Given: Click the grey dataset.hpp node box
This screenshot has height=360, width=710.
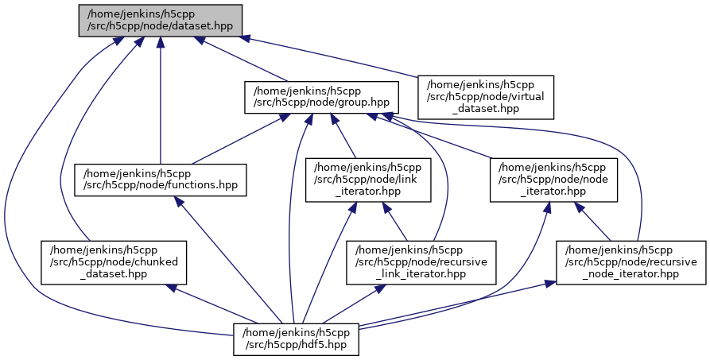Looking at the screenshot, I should pos(160,20).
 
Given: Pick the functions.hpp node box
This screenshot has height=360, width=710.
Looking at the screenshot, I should pos(161,180).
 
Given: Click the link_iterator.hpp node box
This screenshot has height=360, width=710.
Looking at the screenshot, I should pos(369,180).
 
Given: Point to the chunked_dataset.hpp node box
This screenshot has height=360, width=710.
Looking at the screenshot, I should pos(114,261).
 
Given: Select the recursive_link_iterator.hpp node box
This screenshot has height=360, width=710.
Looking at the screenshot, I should pos(421,261).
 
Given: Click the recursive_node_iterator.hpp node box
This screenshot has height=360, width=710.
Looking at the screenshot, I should pos(630,261).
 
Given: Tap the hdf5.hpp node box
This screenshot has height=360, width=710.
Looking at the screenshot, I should pos(297,338).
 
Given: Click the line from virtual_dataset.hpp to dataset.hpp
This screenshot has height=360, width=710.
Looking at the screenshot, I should pos(334,57).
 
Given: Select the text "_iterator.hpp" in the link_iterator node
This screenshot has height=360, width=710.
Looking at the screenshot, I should pos(369,192).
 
